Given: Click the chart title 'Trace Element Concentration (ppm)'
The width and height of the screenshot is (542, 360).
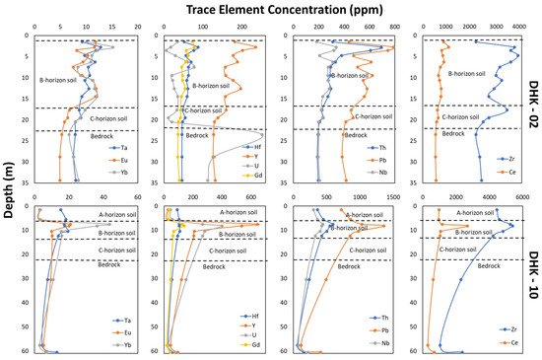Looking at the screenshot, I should point(270,8).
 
